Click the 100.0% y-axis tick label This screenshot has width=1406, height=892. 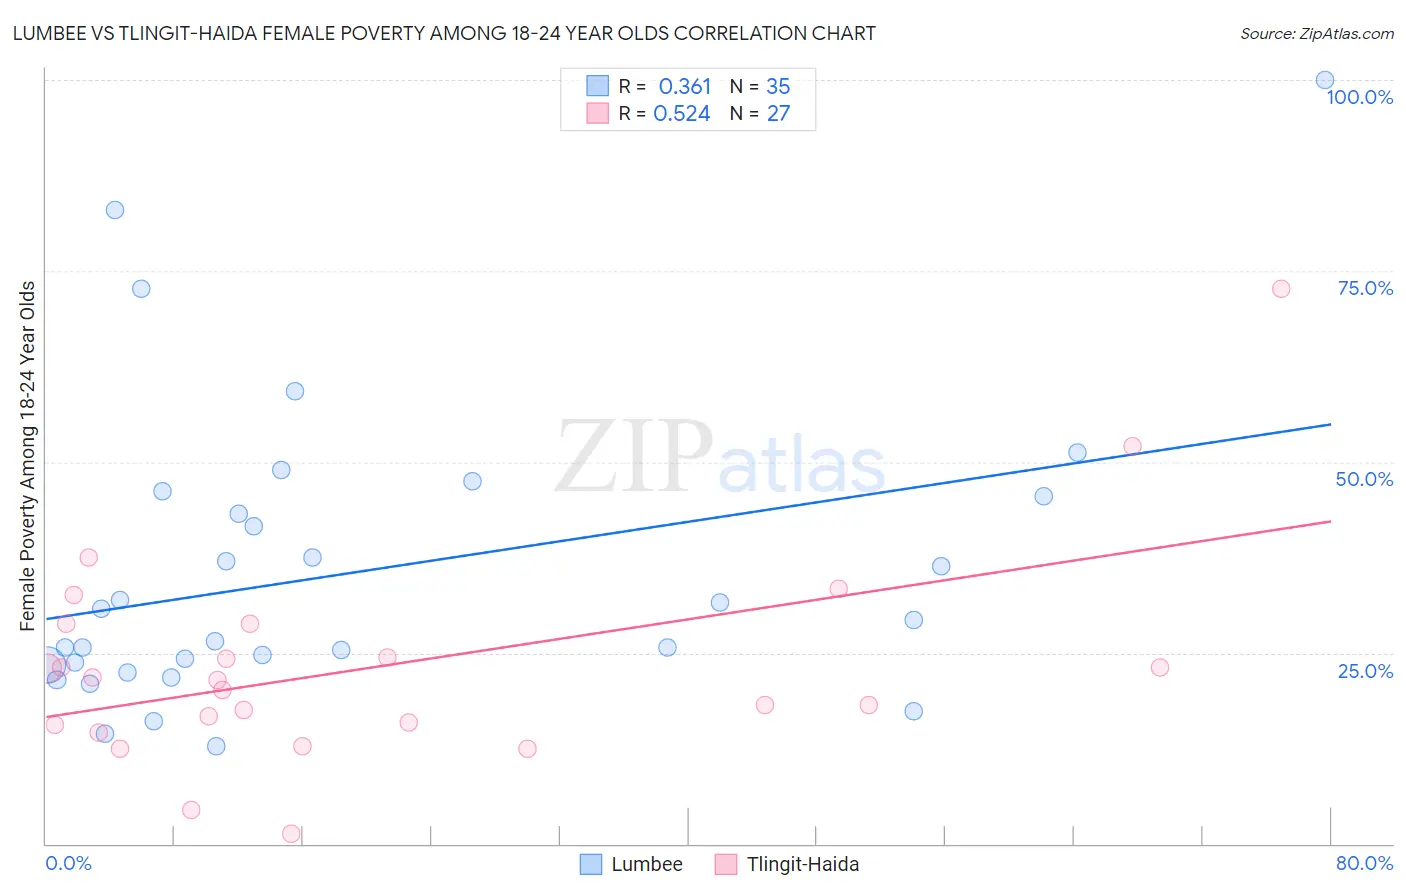point(1359,97)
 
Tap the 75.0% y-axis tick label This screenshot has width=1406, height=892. point(1365,288)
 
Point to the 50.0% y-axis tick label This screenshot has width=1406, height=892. point(1364,479)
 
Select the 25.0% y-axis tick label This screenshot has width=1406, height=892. point(1365,670)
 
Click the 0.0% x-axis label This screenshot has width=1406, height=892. point(68,863)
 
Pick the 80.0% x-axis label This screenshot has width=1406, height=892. point(1364,863)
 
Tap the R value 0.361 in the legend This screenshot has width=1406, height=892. point(684,87)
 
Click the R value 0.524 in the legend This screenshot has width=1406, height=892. point(681,114)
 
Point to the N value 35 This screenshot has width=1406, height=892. point(778,87)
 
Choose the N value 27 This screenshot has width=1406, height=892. point(778,114)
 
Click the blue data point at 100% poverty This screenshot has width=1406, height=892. point(1324,80)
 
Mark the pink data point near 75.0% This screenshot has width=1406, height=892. point(1280,289)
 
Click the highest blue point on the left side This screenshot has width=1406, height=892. point(115,210)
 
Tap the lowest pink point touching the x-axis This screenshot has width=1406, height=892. point(291,834)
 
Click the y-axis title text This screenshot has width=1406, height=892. point(28,456)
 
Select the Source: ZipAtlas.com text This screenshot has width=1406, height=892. point(1316,34)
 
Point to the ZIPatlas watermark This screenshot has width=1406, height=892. point(720,459)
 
